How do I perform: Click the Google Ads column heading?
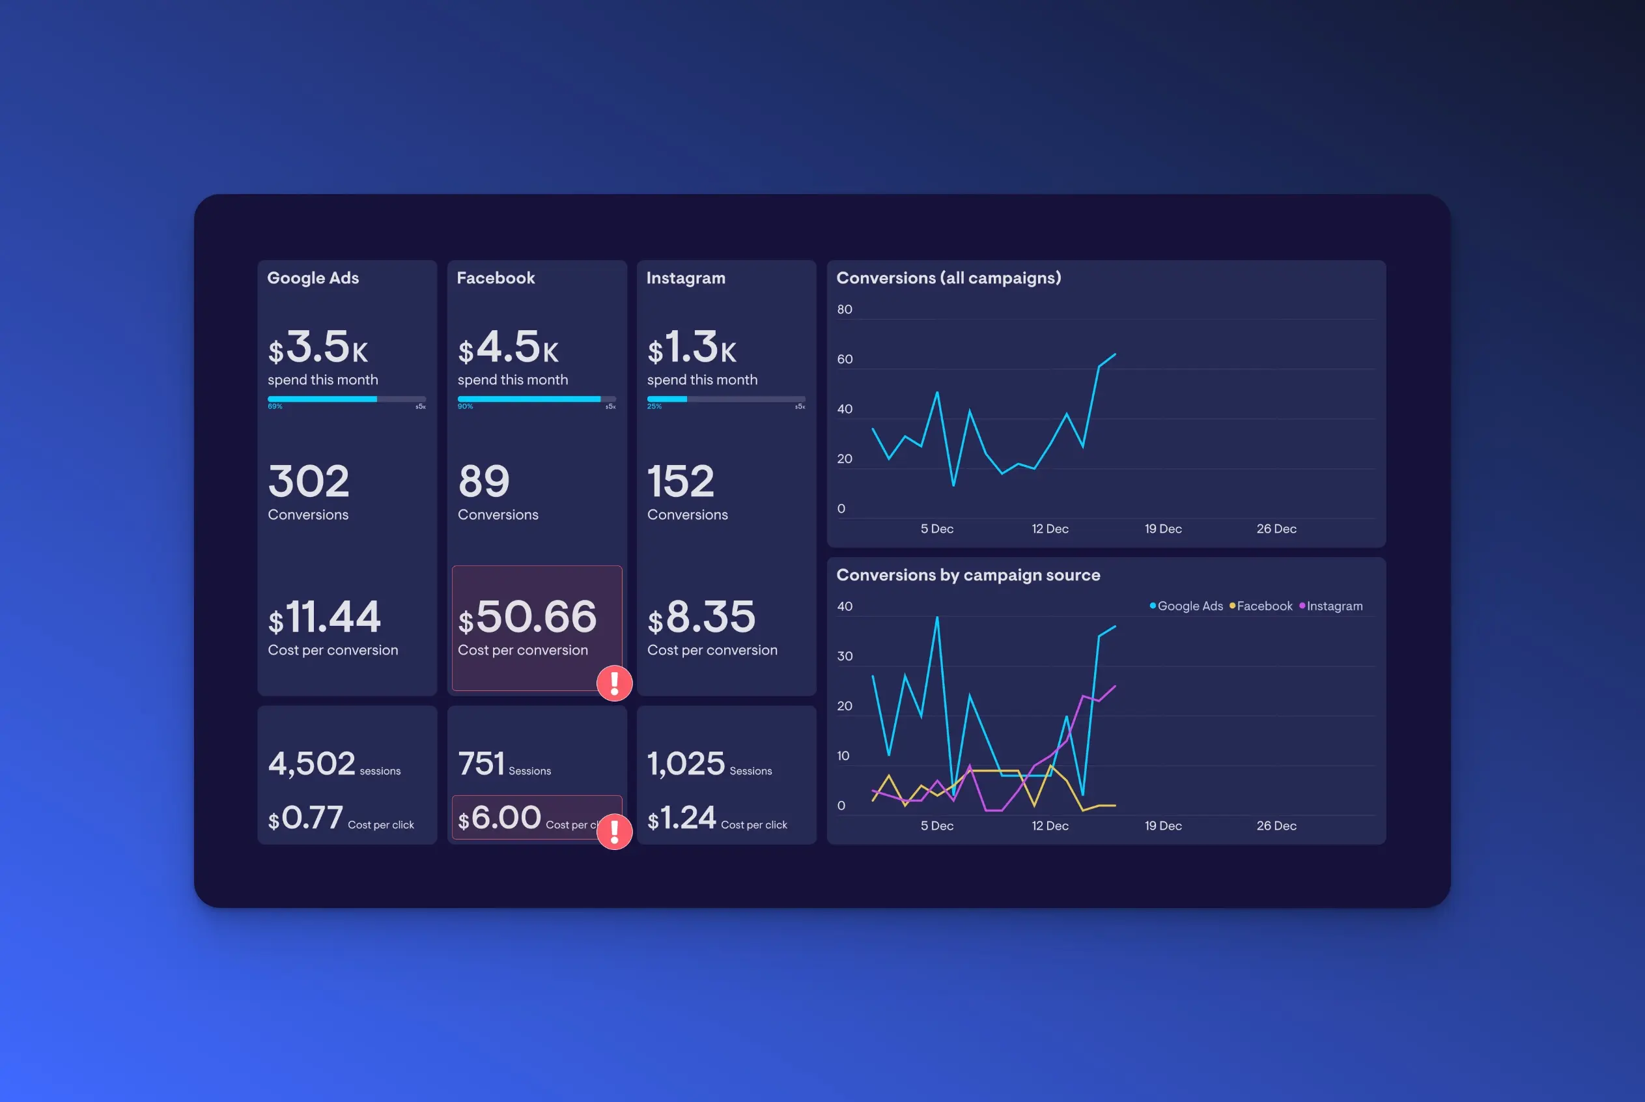(x=313, y=277)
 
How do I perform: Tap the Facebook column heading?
(x=496, y=277)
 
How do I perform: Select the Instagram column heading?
(x=685, y=277)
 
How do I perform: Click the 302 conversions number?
(x=309, y=481)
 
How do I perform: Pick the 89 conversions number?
(x=483, y=481)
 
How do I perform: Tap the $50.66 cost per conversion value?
(x=527, y=617)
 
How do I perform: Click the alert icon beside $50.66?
(x=614, y=683)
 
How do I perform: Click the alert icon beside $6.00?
(x=614, y=832)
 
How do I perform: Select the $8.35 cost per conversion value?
(x=701, y=617)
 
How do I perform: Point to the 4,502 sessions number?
(x=311, y=763)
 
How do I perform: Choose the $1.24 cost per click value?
(x=681, y=818)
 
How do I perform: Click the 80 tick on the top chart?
(x=845, y=309)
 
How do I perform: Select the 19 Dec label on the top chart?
(x=1163, y=528)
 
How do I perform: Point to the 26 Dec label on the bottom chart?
(x=1276, y=826)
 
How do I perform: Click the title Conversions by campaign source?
(x=968, y=575)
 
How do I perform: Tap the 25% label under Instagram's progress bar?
(x=654, y=406)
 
